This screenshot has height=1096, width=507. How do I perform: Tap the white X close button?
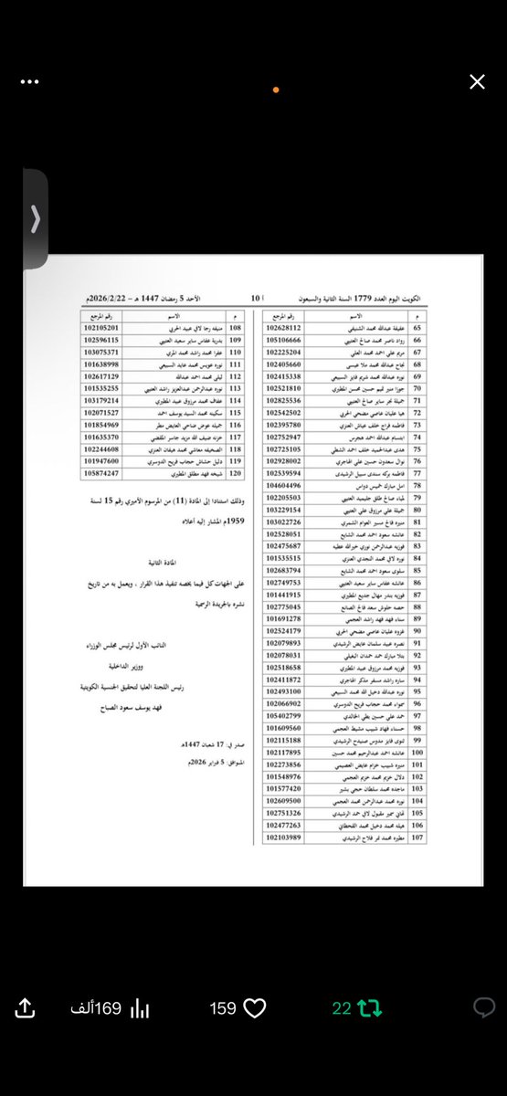coord(477,82)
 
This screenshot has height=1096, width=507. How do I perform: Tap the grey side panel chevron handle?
coord(36,219)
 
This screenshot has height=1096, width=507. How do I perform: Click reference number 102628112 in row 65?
coord(290,328)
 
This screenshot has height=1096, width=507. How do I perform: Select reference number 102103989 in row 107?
coord(290,837)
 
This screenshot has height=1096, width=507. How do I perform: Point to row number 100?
coord(417,753)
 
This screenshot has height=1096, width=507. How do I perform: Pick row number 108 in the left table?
coord(235,328)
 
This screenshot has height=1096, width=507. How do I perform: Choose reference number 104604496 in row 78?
coord(290,485)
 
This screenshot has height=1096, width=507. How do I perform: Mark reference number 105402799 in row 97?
coord(290,716)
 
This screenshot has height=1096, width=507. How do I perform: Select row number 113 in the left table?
coord(235,388)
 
